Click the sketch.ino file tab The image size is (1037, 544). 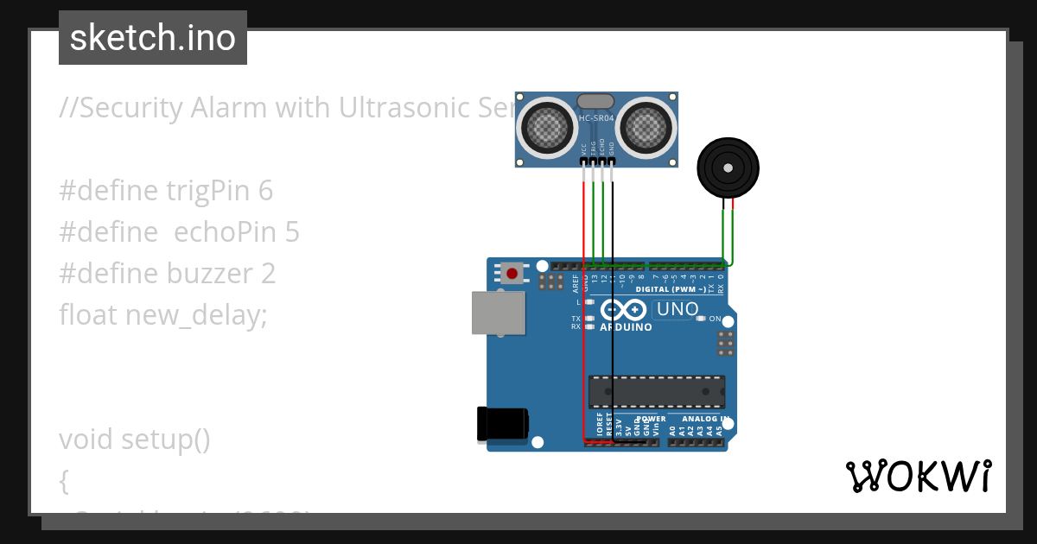pyautogui.click(x=152, y=38)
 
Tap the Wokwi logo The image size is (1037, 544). pyautogui.click(x=918, y=476)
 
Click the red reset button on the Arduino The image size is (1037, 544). pyautogui.click(x=512, y=274)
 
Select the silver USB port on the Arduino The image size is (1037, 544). pyautogui.click(x=498, y=313)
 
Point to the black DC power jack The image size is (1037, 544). pyautogui.click(x=502, y=424)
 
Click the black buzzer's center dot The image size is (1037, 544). pyautogui.click(x=728, y=168)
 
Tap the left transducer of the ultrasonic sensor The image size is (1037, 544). pyautogui.click(x=546, y=126)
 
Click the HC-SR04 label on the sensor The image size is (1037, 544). pyautogui.click(x=596, y=118)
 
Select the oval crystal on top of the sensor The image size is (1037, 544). pyautogui.click(x=596, y=102)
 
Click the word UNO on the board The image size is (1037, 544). pyautogui.click(x=678, y=309)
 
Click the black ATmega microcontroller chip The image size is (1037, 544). pyautogui.click(x=657, y=391)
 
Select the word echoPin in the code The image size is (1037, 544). pyautogui.click(x=223, y=232)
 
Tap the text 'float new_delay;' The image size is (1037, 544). pyautogui.click(x=163, y=315)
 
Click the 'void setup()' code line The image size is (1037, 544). pyautogui.click(x=135, y=440)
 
